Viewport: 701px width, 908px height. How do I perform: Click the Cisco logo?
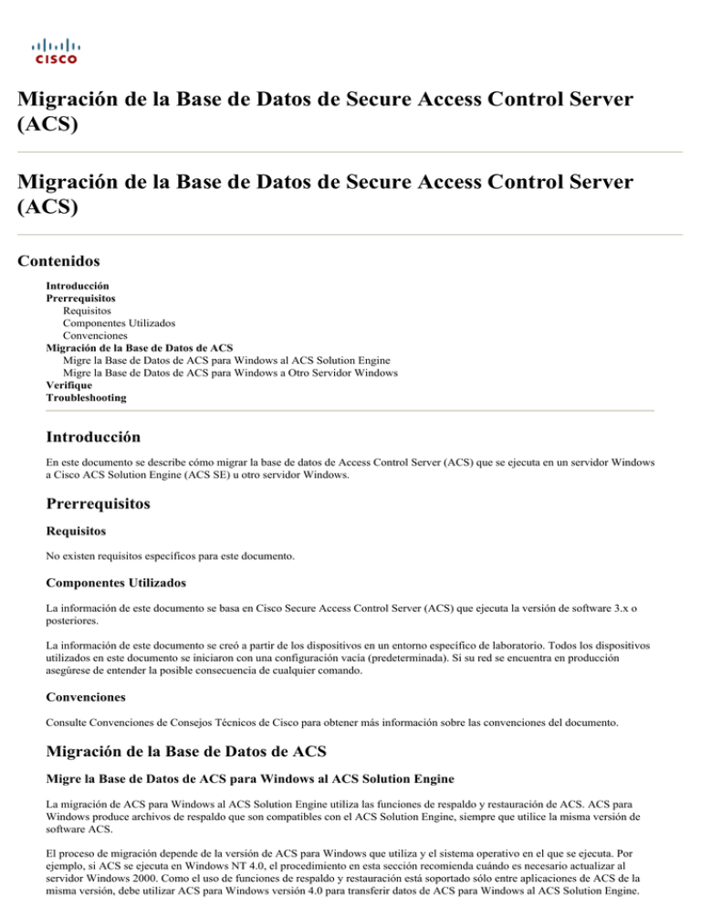coord(56,51)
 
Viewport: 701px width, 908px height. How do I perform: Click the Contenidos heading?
coord(58,261)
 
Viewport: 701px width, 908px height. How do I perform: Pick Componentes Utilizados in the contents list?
coord(119,323)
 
